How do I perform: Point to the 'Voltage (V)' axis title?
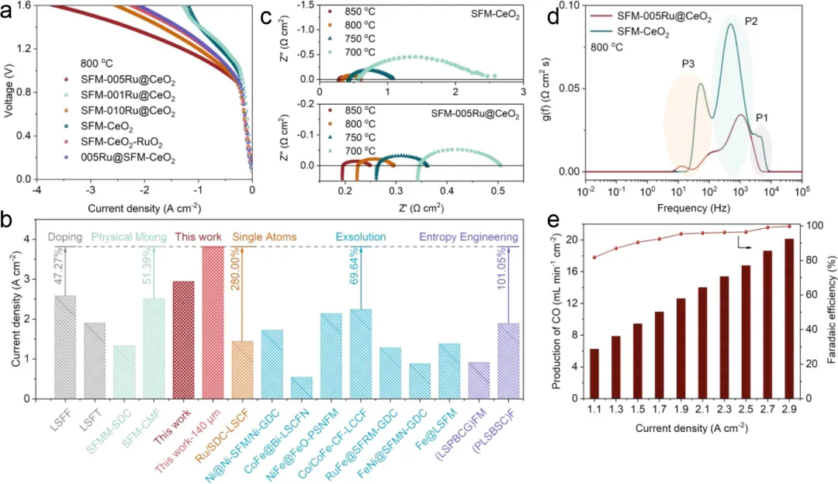pyautogui.click(x=9, y=92)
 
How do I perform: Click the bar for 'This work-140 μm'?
pyautogui.click(x=216, y=322)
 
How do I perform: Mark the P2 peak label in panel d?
pyautogui.click(x=752, y=22)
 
